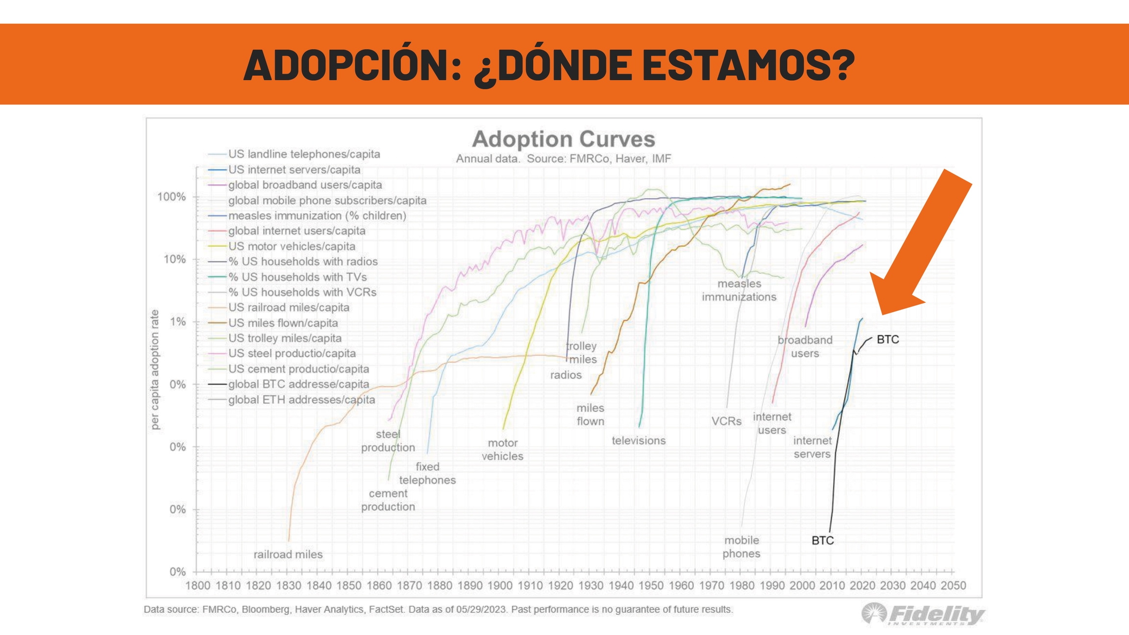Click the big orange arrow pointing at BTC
[921, 245]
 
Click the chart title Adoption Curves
[563, 139]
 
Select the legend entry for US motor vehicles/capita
[292, 246]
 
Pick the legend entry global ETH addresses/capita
[301, 400]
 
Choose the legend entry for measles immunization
[317, 216]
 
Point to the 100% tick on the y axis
[172, 197]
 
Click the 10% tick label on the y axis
[174, 259]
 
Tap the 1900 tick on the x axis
[500, 586]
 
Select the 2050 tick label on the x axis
[953, 586]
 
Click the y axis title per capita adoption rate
[155, 370]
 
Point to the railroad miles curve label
[288, 554]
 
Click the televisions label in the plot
[638, 440]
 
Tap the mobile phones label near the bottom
[741, 547]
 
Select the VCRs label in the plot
[726, 421]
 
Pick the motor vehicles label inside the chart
[502, 449]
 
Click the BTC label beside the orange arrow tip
[887, 340]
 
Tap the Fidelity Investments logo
[923, 614]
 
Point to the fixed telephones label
[427, 473]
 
